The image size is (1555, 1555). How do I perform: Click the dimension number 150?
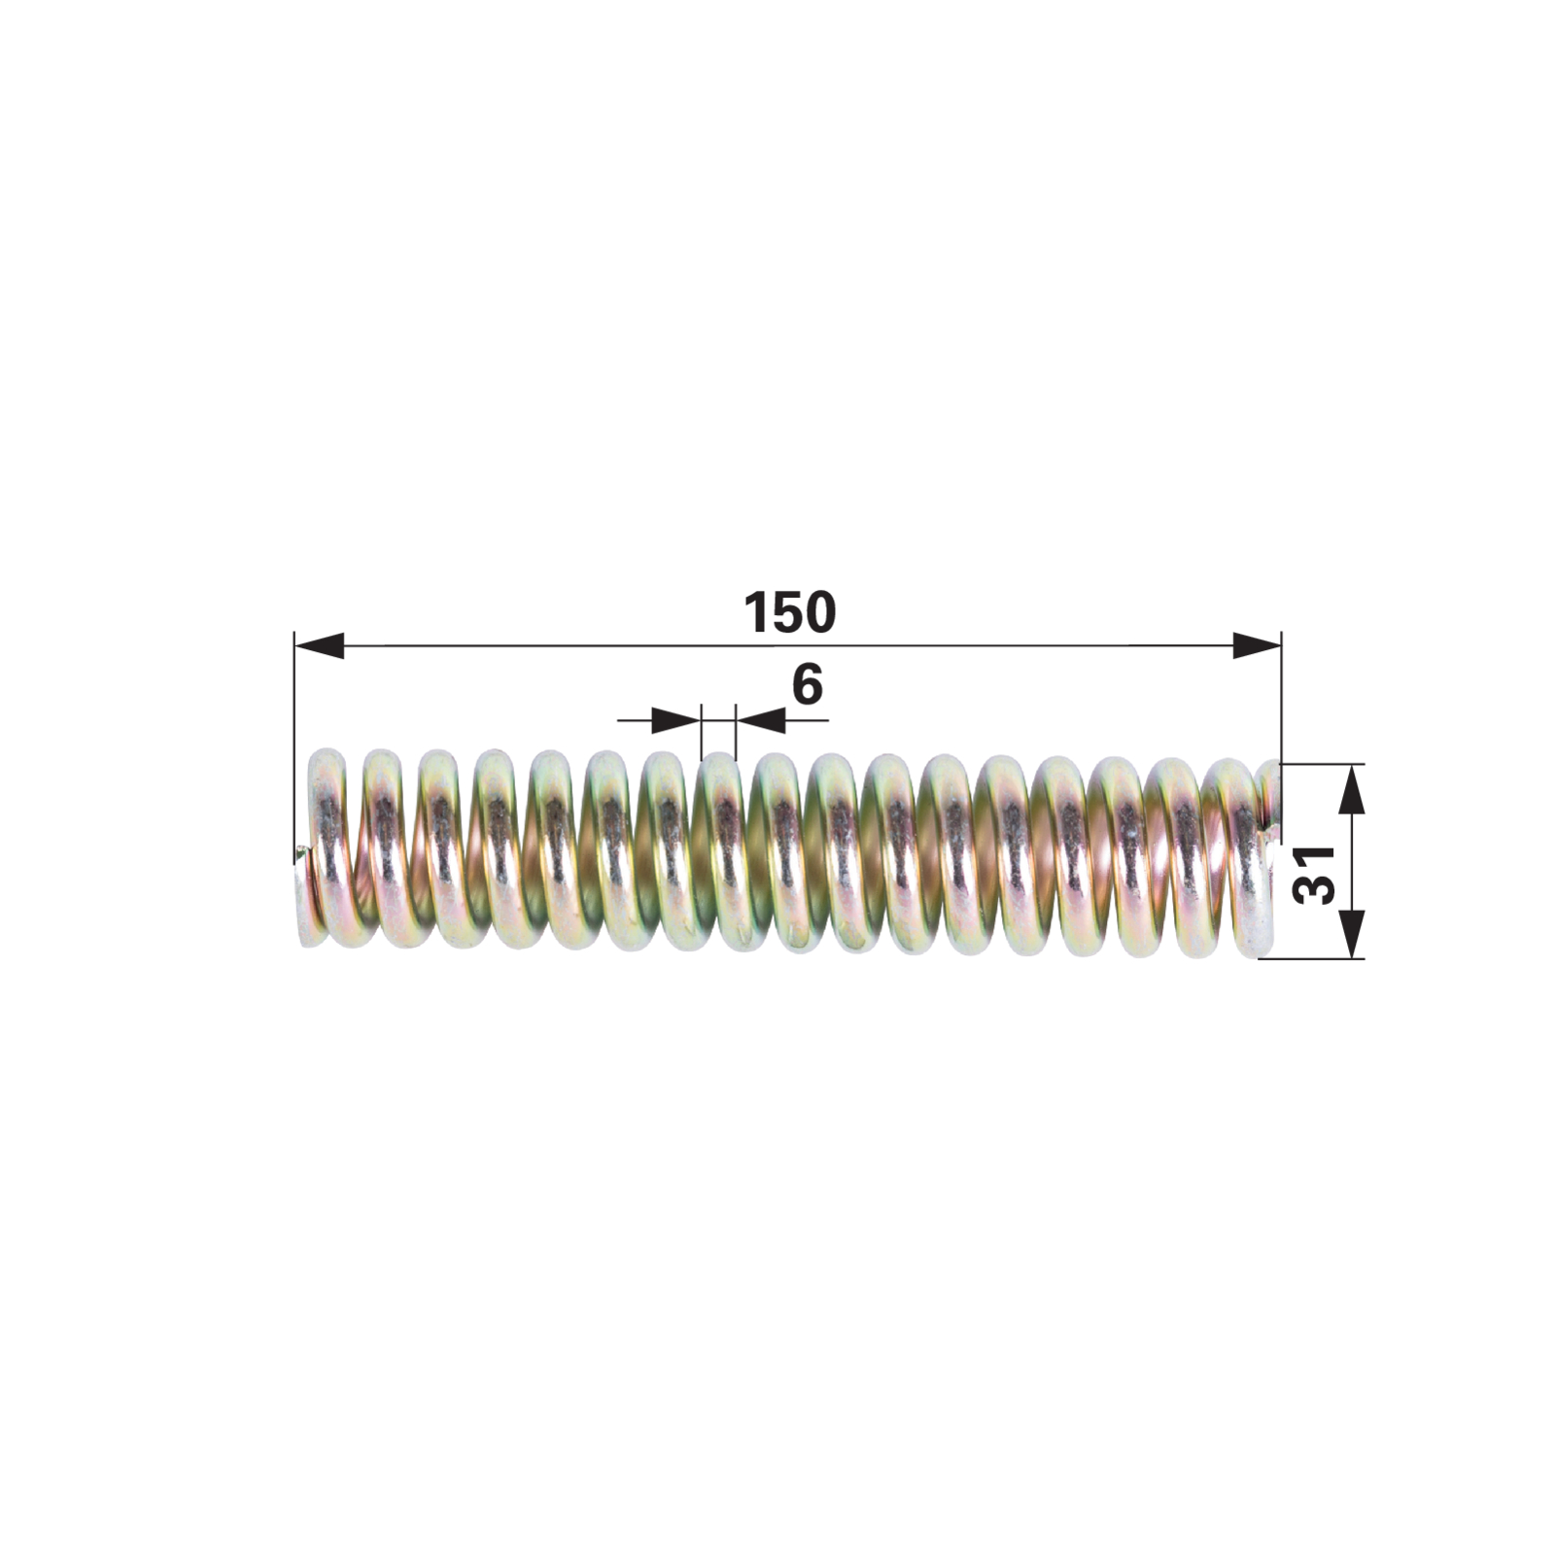789,612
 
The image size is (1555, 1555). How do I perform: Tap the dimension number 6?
808,684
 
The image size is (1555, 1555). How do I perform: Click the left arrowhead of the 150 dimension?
319,645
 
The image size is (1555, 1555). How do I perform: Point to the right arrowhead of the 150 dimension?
1257,645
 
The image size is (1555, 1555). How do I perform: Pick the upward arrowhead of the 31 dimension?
1351,788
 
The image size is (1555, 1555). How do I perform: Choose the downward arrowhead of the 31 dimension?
1351,934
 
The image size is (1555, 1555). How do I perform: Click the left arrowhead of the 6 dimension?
675,720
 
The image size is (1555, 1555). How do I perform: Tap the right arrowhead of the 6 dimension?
760,720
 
